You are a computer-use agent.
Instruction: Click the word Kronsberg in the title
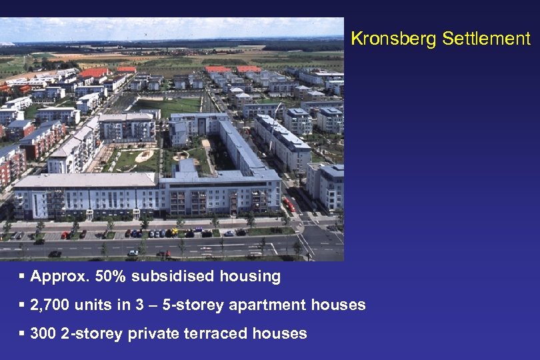383,39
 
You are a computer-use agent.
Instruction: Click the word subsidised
164,276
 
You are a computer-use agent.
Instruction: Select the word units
92,305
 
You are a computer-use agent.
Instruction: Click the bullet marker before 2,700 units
23,305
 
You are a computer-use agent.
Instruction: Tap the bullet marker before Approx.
23,276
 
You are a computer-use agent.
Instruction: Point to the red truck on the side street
289,205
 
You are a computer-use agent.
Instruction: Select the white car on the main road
133,253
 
